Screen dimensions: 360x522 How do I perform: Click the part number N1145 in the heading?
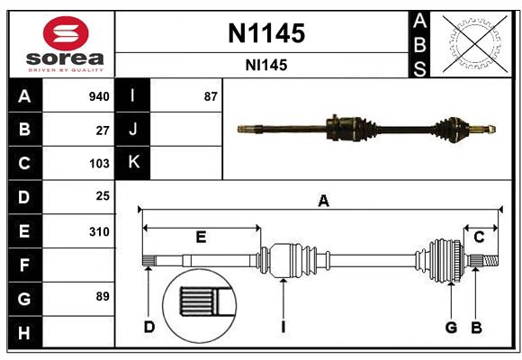265,33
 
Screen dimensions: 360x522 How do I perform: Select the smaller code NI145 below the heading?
265,65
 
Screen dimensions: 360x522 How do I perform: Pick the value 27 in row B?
103,130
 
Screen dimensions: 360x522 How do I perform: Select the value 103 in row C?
99,164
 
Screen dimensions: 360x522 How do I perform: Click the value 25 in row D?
103,196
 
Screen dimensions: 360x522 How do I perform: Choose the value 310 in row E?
99,231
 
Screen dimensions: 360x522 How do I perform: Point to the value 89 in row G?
103,296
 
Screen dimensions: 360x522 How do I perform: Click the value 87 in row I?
211,96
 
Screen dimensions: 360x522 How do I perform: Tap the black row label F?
24,265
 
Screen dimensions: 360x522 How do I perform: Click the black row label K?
133,163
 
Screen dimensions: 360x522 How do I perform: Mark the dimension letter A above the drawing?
323,202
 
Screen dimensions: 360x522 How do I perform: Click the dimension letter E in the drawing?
201,238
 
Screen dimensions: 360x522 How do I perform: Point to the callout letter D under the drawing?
149,327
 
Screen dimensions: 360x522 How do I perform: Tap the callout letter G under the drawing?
451,327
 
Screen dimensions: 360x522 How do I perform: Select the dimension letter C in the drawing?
480,238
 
